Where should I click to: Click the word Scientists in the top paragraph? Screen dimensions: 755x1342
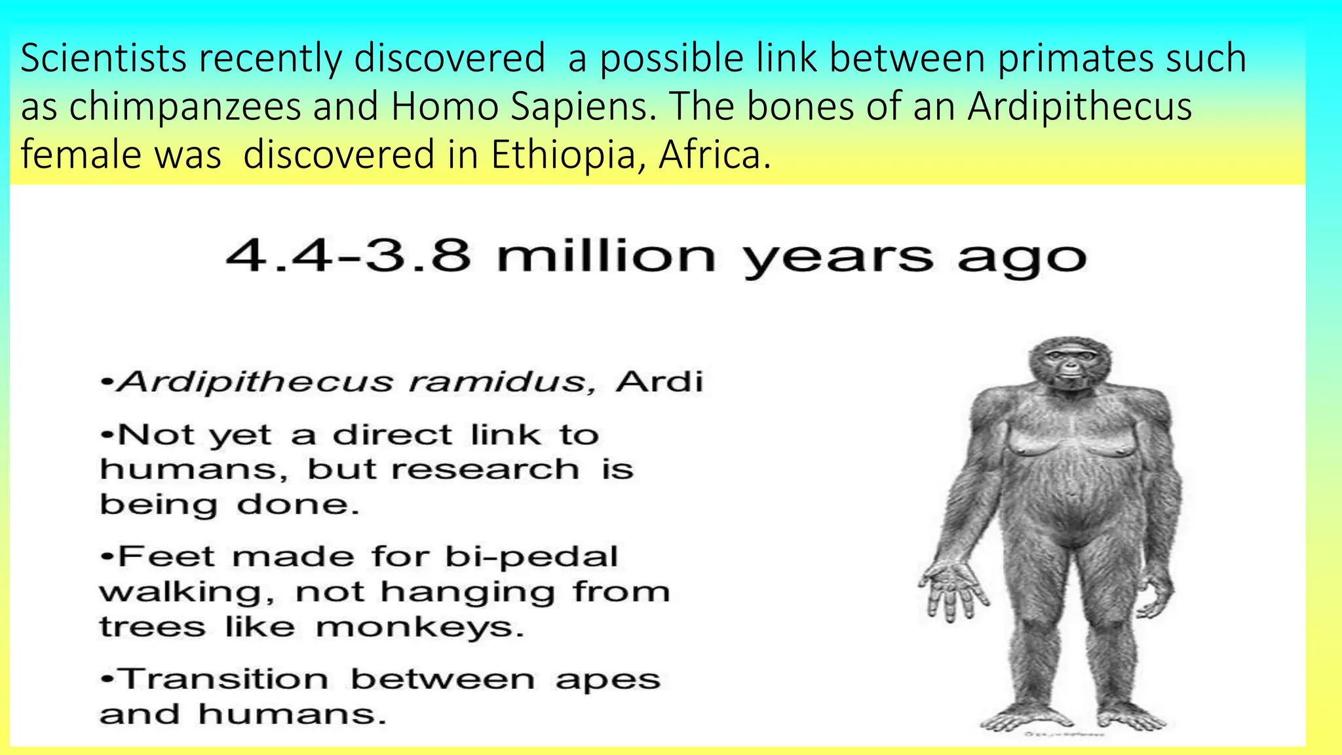pos(104,58)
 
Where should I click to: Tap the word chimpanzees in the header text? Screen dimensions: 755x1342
pos(185,106)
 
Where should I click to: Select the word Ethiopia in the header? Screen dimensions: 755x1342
pos(563,155)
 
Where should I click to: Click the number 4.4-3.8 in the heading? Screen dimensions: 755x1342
pos(348,256)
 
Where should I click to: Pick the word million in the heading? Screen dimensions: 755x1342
pos(606,256)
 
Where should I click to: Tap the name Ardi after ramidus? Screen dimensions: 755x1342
pos(659,381)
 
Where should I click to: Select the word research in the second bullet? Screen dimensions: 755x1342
pos(486,469)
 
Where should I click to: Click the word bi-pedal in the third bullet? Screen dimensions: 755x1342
pos(531,557)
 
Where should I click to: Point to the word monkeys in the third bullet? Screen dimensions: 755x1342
pos(419,628)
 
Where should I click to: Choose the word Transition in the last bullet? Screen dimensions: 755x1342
pos(224,679)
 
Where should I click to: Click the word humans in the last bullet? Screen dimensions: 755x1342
pos(292,714)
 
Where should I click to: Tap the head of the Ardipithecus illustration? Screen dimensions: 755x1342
pos(1069,365)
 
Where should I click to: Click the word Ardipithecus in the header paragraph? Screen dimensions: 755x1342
pos(1079,106)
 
